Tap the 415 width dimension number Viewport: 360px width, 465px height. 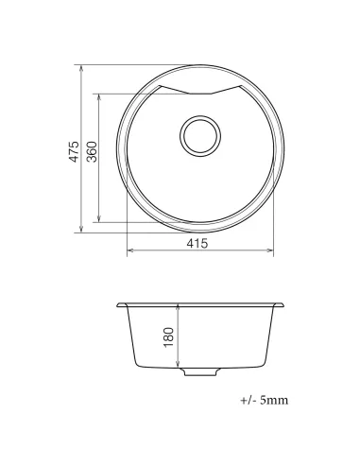pos(197,243)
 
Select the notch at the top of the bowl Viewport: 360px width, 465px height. pos(199,91)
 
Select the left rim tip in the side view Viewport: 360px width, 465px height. pos(116,305)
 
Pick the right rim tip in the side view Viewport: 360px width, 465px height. pos(283,305)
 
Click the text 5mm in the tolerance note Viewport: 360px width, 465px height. pos(273,401)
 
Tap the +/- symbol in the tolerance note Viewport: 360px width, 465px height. pos(248,401)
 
